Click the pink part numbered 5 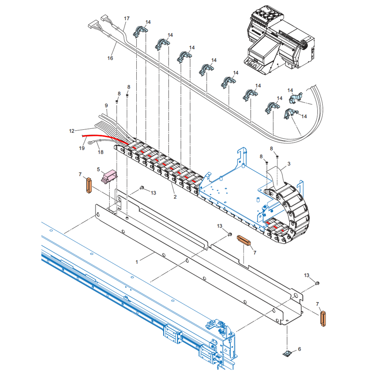point(110,177)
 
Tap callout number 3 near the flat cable point(289,164)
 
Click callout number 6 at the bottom point(300,349)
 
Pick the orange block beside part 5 point(87,185)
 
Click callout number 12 point(72,131)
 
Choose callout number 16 point(111,59)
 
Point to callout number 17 point(126,18)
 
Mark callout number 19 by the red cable point(82,149)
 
